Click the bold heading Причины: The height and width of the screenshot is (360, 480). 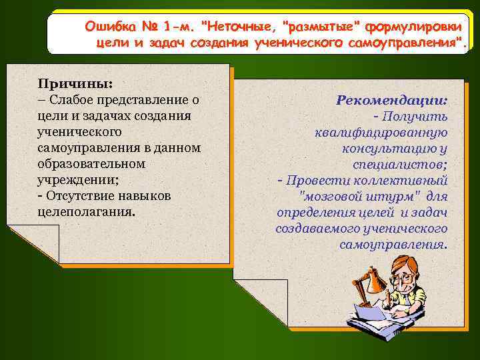[75, 84]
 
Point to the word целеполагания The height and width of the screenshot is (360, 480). [85, 212]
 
